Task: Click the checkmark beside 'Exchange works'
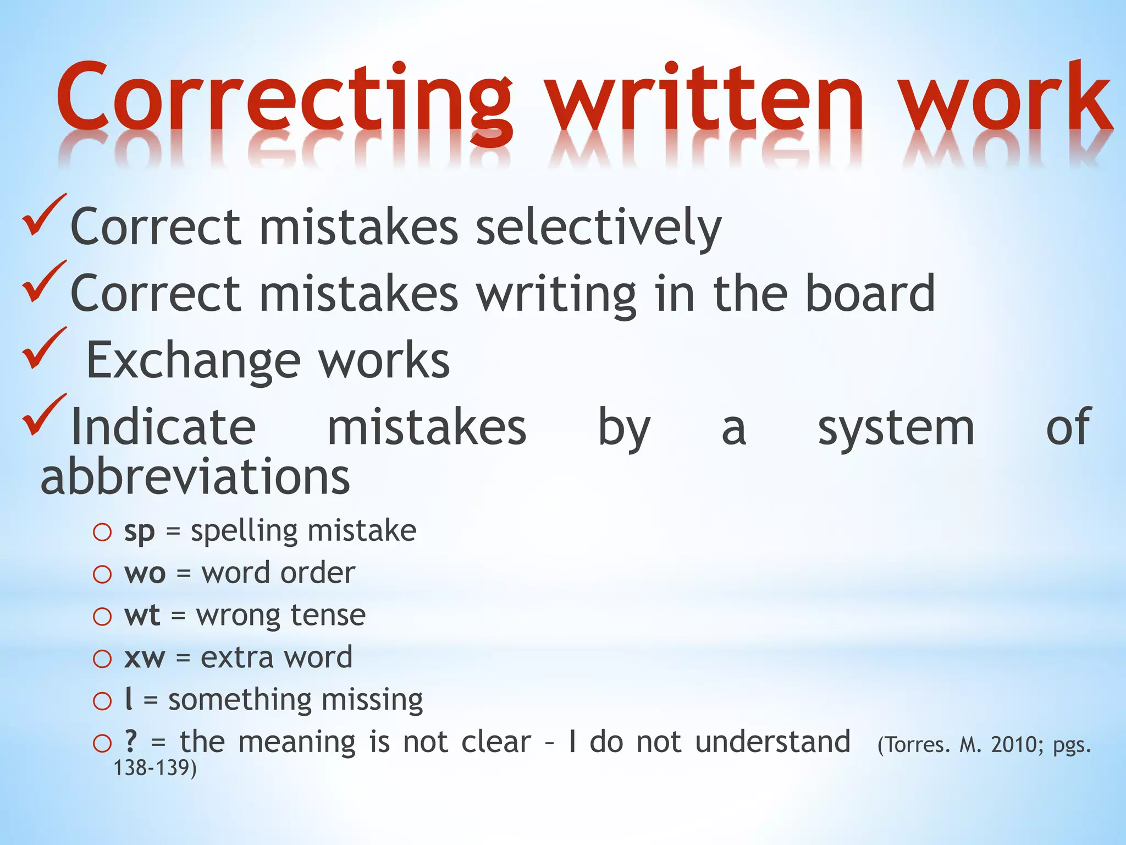44,349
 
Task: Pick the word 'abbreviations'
195,477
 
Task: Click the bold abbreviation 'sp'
139,532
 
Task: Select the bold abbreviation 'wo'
145,573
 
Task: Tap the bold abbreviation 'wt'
142,615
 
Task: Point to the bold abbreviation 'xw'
145,657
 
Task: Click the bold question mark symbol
130,741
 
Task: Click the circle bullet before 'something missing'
102,701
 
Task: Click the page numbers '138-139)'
154,768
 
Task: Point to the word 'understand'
772,742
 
